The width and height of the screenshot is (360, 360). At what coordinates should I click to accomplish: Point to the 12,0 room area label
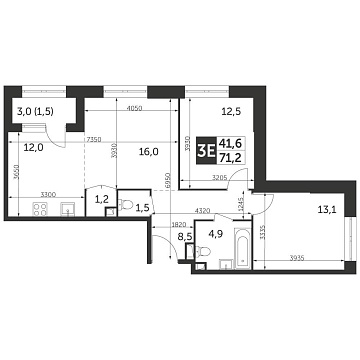tap(33, 147)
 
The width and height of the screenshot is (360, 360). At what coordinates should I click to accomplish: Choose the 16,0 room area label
tap(149, 152)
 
